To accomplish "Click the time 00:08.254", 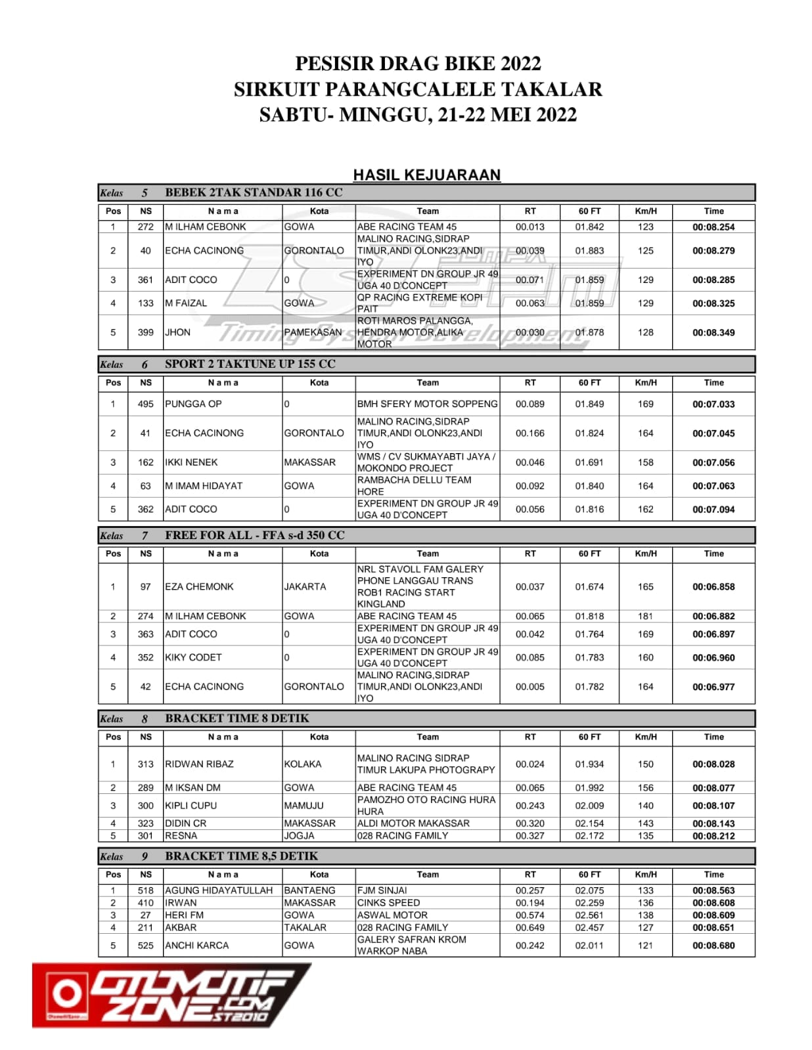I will coord(713,227).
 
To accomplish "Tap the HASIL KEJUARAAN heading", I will coord(426,175).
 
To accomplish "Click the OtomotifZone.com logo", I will coord(171,995).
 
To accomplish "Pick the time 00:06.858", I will coord(713,587).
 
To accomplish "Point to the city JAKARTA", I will coord(305,586).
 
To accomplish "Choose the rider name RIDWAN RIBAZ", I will coord(199,764).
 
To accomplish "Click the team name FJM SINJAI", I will coord(382,890).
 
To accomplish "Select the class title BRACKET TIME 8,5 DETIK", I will coord(241,856).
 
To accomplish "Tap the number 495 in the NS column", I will coord(145,404).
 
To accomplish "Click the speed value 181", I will coord(645,616).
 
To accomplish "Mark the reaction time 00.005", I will coord(530,687).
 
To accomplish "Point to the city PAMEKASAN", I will coord(313,332).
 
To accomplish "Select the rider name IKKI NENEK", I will coord(191,462).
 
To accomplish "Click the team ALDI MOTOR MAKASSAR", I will coord(413,823).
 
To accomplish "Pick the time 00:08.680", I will coord(713,946).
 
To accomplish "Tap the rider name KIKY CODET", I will coord(193,657).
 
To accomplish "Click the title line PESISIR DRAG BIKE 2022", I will coord(418,64).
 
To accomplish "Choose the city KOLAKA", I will coord(303,764).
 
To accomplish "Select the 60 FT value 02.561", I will coord(589,915).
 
